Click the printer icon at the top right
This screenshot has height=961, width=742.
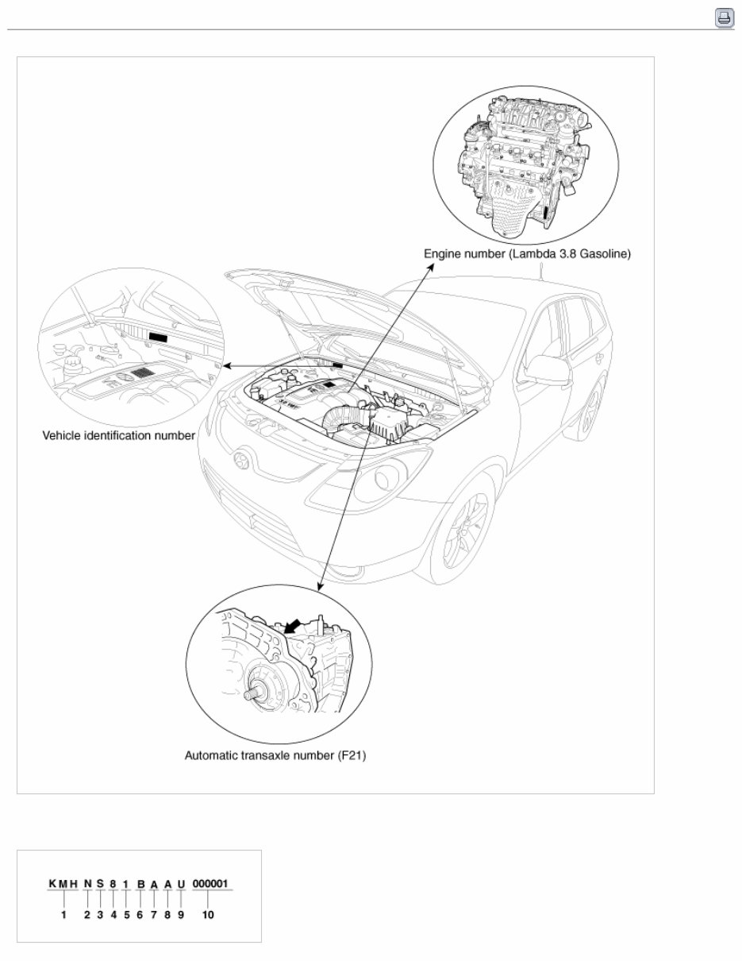click(x=725, y=17)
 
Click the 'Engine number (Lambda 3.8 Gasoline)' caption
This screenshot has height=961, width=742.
click(x=527, y=255)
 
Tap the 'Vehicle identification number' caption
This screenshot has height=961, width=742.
click(x=118, y=436)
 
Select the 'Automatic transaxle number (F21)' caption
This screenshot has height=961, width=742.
click(x=275, y=755)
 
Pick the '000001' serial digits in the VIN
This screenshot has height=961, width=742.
click(x=212, y=884)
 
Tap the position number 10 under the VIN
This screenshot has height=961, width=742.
click(x=207, y=914)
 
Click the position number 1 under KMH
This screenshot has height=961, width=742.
click(x=63, y=914)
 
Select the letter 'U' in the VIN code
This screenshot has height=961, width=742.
click(x=181, y=884)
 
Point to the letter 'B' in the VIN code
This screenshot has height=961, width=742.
click(x=140, y=884)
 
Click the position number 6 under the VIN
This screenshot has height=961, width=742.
click(x=140, y=914)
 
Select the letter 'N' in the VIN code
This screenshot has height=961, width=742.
click(x=87, y=884)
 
